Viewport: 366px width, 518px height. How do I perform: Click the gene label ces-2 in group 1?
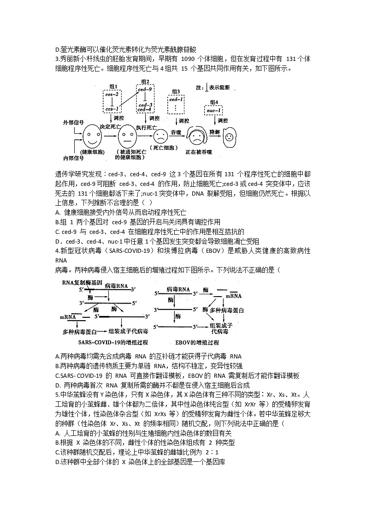(x=112, y=94)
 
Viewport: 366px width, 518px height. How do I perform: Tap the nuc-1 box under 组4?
(x=213, y=111)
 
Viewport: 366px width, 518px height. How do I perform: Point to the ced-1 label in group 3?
(x=176, y=99)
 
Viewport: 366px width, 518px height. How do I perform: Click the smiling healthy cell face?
(x=93, y=135)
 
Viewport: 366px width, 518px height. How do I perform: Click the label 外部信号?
(x=73, y=122)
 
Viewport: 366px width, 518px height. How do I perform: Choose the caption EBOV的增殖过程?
(x=197, y=343)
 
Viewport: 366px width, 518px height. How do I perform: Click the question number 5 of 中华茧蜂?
(x=57, y=395)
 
